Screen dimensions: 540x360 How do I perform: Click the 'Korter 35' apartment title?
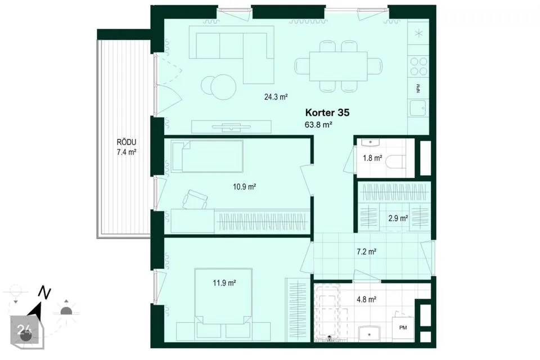pyautogui.click(x=327, y=112)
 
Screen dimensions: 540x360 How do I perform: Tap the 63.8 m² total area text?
pyautogui.click(x=318, y=124)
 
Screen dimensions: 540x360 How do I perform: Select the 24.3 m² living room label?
pyautogui.click(x=276, y=97)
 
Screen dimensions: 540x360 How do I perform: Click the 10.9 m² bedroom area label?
pyautogui.click(x=244, y=187)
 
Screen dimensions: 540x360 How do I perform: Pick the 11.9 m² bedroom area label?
pyautogui.click(x=224, y=283)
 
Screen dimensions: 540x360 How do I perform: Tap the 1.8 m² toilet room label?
pyautogui.click(x=372, y=158)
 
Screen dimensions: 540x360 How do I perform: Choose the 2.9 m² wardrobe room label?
pyautogui.click(x=398, y=218)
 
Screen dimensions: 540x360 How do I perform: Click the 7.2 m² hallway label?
pyautogui.click(x=366, y=251)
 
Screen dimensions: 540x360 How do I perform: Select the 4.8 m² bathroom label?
pyautogui.click(x=366, y=299)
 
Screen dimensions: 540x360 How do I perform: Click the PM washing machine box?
pyautogui.click(x=403, y=327)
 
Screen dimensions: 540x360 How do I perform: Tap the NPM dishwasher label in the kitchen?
pyautogui.click(x=418, y=88)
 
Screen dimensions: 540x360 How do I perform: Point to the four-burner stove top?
pyautogui.click(x=418, y=66)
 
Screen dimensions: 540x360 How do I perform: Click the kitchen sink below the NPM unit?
pyautogui.click(x=418, y=108)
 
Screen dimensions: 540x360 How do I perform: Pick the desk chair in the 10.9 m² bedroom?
pyautogui.click(x=195, y=199)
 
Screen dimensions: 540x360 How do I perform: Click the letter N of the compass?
pyautogui.click(x=45, y=293)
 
